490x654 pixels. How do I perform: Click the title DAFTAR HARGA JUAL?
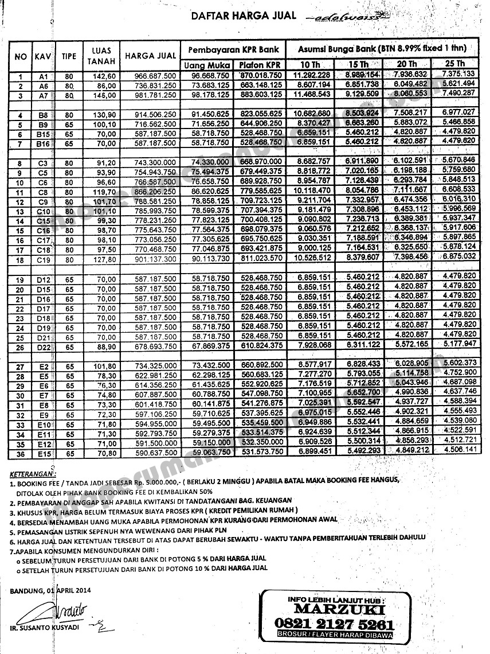244,16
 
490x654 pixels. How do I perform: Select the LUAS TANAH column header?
102,55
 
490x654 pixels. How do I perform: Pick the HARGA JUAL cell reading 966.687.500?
150,76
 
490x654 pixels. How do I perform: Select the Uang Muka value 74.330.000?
210,163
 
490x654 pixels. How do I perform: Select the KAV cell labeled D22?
44,346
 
